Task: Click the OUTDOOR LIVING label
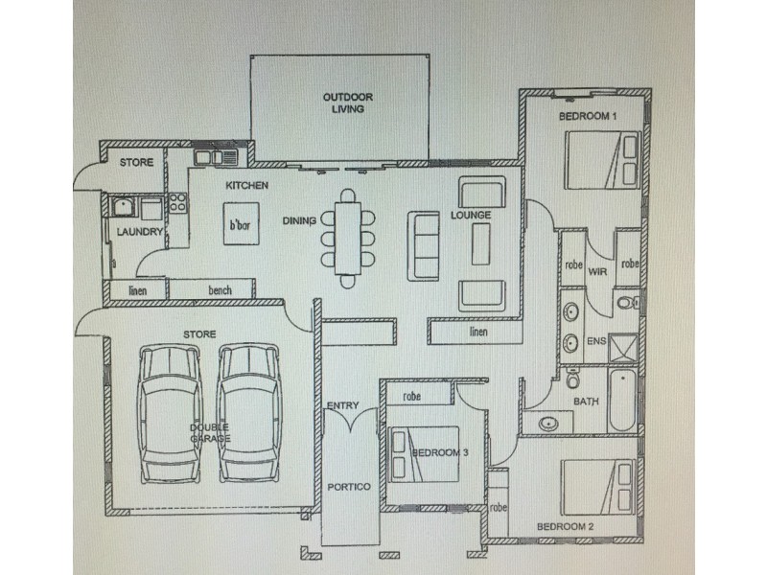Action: tap(347, 103)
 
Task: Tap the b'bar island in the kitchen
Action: tap(240, 225)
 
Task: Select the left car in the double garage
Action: tap(170, 413)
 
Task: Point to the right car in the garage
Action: tap(248, 413)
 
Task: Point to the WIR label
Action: tap(599, 271)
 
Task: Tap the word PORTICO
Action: tap(349, 487)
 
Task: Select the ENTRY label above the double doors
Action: tap(342, 405)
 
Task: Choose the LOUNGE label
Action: tap(471, 216)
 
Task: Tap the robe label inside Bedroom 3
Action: tap(412, 395)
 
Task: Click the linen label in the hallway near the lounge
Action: tap(479, 333)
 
